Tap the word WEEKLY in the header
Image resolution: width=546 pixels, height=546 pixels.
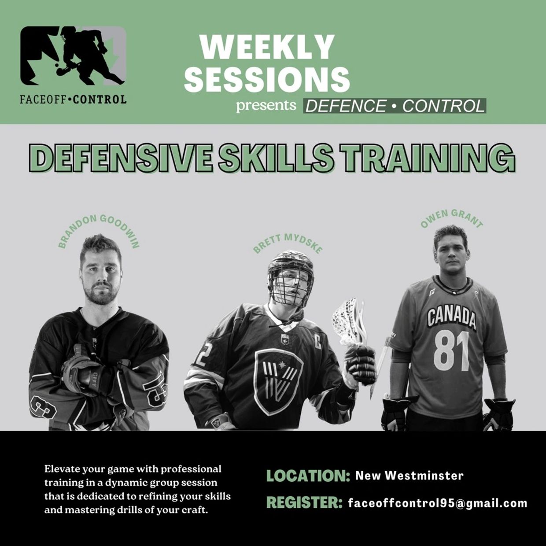tap(266, 47)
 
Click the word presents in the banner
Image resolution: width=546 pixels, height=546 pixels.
tap(266, 106)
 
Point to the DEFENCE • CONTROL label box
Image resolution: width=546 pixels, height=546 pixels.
tap(395, 106)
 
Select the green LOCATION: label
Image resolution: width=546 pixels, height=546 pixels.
tap(308, 476)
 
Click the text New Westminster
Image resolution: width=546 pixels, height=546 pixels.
tap(409, 476)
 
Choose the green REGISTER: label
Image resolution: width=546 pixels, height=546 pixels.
tap(304, 503)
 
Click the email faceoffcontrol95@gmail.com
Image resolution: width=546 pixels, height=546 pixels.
tap(437, 503)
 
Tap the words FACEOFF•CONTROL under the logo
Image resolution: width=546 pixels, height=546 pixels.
tap(73, 99)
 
